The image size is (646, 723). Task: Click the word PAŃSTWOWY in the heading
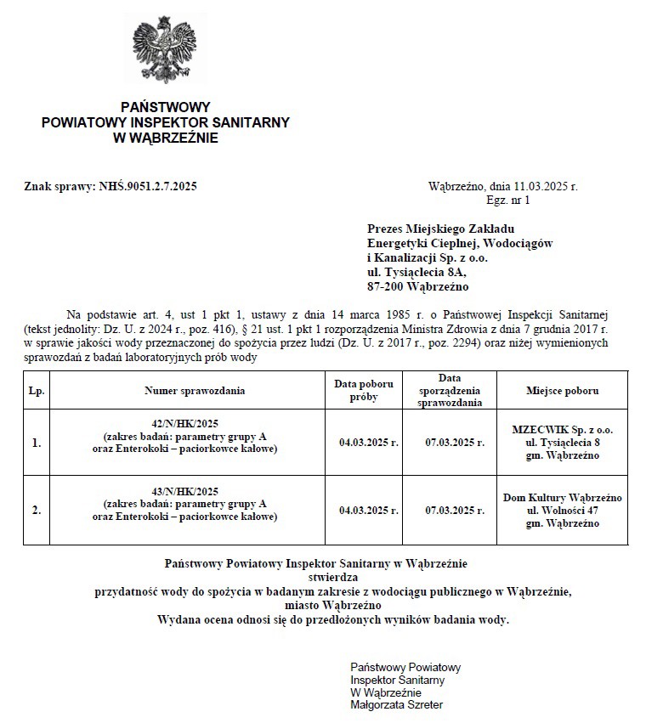point(165,108)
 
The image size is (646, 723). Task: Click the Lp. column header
point(37,391)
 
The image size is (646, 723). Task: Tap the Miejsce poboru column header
point(562,391)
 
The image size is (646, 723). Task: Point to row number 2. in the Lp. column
point(37,511)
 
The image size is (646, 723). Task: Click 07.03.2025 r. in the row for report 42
point(456,443)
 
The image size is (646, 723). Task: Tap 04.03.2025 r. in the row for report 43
point(369,511)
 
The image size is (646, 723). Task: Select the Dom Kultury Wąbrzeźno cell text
point(562,497)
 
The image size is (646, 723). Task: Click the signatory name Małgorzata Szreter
point(396,704)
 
